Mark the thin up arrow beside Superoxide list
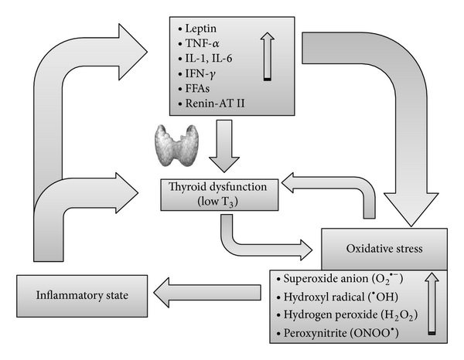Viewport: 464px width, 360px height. click(430, 305)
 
